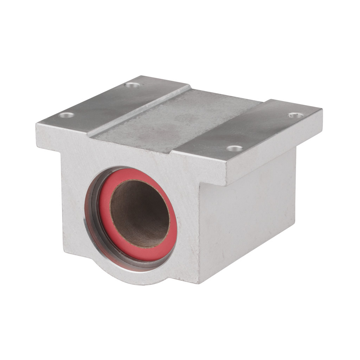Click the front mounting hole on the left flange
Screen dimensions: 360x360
[66, 115]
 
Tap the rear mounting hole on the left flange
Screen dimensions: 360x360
[132, 85]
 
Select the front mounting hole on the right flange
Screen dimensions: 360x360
[234, 148]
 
